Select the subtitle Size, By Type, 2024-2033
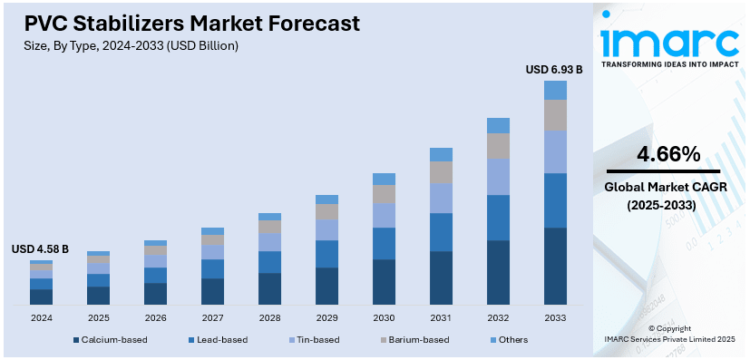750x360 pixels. pos(126,44)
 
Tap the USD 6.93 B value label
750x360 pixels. pos(554,69)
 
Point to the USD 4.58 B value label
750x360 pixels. pos(40,249)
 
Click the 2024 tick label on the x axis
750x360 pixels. pos(41,317)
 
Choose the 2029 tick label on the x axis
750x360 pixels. pos(326,317)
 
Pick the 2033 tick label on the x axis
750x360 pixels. pos(555,317)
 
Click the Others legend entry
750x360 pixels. pos(511,340)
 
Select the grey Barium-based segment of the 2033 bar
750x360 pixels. pos(555,114)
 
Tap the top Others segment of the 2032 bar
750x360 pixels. pos(498,125)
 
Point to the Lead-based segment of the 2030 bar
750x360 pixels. pos(384,243)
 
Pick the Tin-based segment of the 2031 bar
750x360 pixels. pos(441,198)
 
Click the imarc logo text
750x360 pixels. pos(669,41)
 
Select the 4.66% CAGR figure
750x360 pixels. pos(667,154)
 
